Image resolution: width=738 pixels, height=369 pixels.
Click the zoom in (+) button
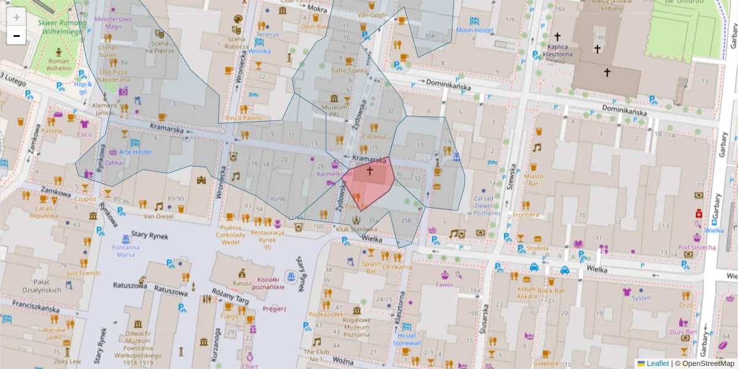pos(17,17)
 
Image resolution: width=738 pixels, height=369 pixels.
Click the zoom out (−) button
pos(17,36)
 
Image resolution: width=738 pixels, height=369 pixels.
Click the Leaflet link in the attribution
pos(657,363)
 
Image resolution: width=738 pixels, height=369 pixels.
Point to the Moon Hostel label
pos(474,30)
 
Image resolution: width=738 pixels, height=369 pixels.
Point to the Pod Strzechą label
pos(697,247)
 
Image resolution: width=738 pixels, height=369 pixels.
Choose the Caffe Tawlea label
pos(349,70)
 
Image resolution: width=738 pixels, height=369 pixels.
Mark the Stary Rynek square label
pos(149,236)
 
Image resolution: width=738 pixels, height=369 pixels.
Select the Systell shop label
pos(641,298)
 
